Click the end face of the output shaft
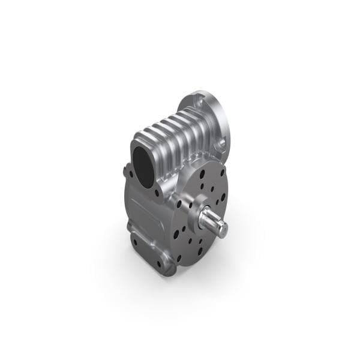click(222, 230)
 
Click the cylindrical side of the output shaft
click(210, 223)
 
